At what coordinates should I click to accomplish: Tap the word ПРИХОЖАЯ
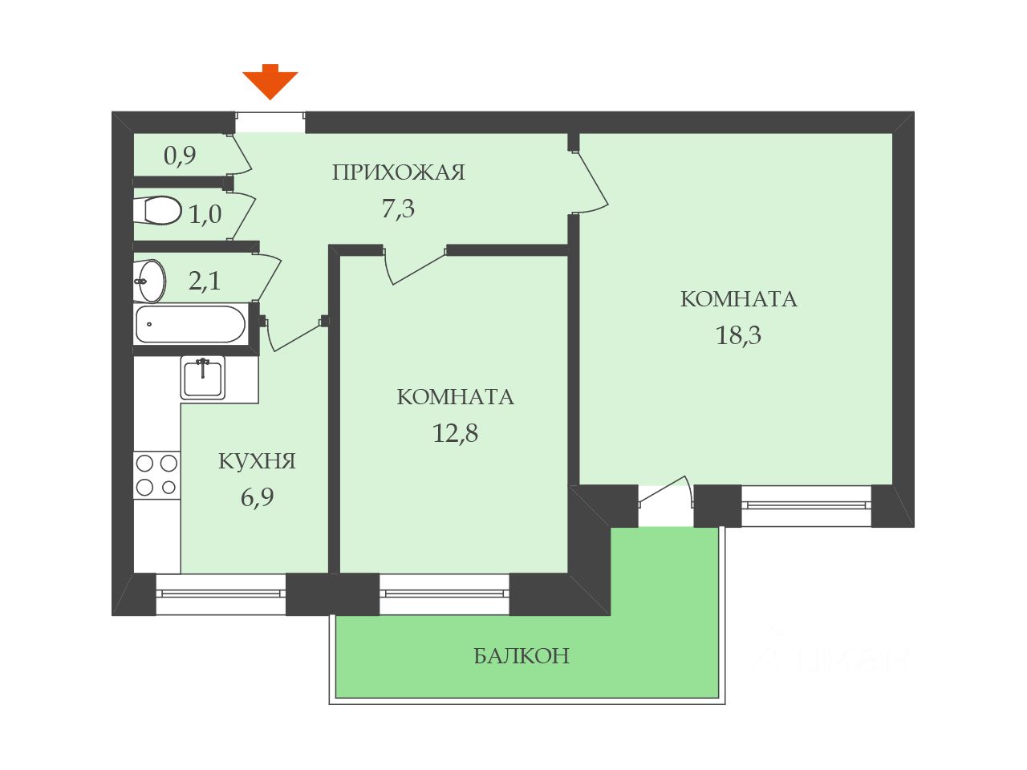[398, 172]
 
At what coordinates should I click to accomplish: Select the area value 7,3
[398, 209]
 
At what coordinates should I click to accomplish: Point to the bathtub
[190, 324]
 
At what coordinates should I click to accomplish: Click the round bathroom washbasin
[151, 281]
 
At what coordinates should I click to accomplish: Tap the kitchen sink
[203, 378]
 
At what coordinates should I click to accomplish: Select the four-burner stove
[156, 475]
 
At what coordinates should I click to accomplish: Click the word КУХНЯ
[257, 461]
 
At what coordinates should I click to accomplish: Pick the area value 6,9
[257, 497]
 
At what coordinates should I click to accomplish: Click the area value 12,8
[455, 434]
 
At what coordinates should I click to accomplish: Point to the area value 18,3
[738, 335]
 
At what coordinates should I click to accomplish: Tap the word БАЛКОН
[522, 656]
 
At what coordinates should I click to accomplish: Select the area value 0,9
[180, 155]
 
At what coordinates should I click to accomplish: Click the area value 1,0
[205, 214]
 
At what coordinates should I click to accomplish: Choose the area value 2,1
[205, 281]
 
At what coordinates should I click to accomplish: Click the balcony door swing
[666, 493]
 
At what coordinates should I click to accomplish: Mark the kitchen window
[221, 594]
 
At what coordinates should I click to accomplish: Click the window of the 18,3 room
[806, 505]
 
